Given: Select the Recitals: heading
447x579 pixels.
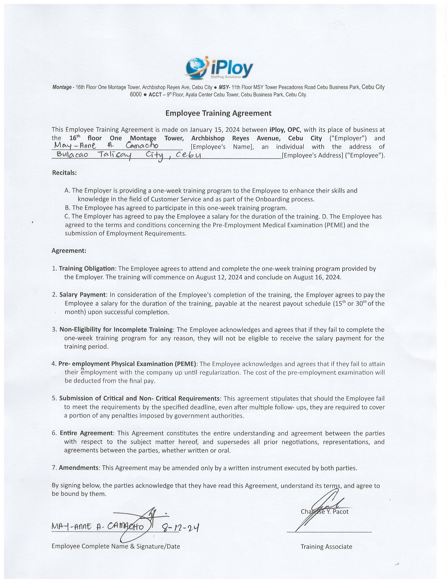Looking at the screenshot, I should coord(64,173).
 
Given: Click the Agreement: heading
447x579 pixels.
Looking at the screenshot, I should coord(69,251).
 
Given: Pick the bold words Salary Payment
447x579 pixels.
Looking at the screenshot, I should coord(82,295).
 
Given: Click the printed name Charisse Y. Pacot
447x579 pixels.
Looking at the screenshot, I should coord(324,511).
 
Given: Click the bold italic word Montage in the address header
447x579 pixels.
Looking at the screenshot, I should coord(62,87).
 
